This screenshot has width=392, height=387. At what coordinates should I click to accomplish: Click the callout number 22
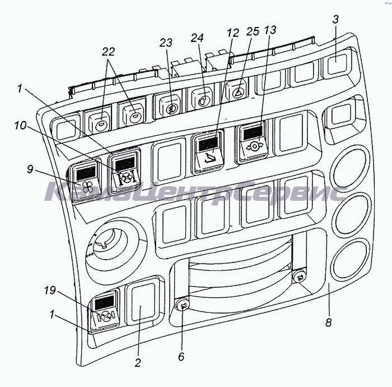[108, 52]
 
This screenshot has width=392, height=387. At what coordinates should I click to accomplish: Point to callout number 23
[166, 42]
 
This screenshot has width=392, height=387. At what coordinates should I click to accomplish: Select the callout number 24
[197, 38]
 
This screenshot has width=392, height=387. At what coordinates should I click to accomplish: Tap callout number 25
[253, 31]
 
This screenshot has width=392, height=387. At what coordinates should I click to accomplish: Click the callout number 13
[270, 30]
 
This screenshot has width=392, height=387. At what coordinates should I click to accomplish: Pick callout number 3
[335, 19]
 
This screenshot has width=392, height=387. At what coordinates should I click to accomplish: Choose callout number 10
[20, 125]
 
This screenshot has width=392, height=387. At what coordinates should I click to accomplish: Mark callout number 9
[30, 169]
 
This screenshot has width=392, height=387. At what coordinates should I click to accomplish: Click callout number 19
[50, 291]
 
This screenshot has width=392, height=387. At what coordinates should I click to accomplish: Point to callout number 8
[329, 322]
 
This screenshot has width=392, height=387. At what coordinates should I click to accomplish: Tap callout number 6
[181, 356]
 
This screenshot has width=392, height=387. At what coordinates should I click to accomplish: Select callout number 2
[138, 362]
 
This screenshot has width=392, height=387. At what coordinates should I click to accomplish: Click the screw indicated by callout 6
[183, 305]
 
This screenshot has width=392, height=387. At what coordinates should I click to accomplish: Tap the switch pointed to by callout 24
[202, 98]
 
